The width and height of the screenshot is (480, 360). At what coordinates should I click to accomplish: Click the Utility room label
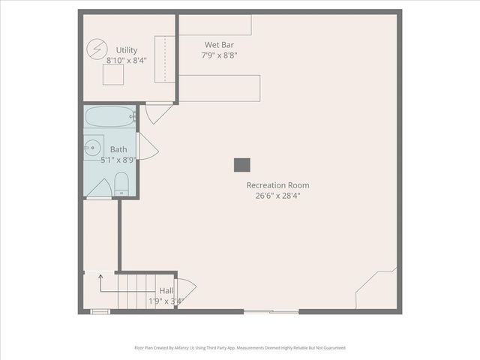pyautogui.click(x=126, y=50)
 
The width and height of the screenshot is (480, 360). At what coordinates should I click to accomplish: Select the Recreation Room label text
pyautogui.click(x=277, y=185)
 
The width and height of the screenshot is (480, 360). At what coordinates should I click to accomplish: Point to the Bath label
pyautogui.click(x=118, y=149)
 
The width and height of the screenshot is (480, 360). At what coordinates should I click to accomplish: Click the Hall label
pyautogui.click(x=166, y=291)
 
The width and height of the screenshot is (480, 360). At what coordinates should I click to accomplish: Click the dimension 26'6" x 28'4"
pyautogui.click(x=277, y=196)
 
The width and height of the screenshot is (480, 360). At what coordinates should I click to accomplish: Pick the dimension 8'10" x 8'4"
pyautogui.click(x=126, y=61)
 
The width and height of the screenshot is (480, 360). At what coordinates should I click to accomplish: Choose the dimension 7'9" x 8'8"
pyautogui.click(x=219, y=55)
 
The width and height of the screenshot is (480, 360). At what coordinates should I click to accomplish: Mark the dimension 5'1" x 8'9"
pyautogui.click(x=118, y=160)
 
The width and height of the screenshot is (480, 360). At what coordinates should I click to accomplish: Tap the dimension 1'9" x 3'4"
pyautogui.click(x=166, y=301)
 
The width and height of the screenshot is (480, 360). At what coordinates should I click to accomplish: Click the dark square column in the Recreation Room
pyautogui.click(x=241, y=165)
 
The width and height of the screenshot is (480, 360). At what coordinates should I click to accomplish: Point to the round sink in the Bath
pyautogui.click(x=93, y=148)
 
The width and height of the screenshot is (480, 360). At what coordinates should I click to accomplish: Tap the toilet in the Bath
pyautogui.click(x=122, y=184)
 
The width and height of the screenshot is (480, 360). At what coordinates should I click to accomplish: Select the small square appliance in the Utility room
pyautogui.click(x=112, y=74)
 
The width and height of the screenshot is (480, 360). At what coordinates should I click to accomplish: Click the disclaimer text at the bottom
pyautogui.click(x=240, y=348)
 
